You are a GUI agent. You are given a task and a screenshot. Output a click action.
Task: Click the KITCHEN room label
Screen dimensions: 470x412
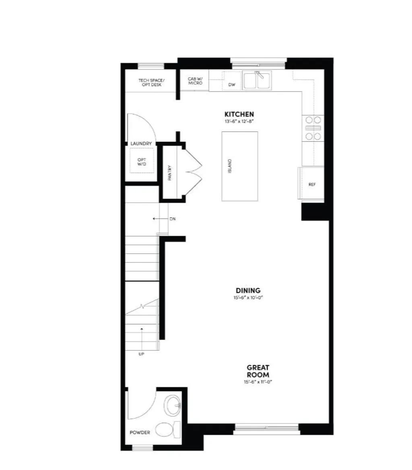click(x=239, y=114)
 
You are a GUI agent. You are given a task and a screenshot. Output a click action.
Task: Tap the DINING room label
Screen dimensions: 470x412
click(x=248, y=290)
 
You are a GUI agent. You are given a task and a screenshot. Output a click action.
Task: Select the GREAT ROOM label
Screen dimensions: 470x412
click(x=258, y=371)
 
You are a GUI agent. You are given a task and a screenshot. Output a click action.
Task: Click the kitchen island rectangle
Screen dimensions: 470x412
click(x=240, y=166)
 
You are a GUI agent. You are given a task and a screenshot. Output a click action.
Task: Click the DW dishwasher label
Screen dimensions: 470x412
click(x=231, y=85)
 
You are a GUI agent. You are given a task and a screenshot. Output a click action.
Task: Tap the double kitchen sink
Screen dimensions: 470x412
click(x=257, y=80)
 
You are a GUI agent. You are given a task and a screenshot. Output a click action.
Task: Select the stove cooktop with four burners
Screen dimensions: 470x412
click(x=313, y=128)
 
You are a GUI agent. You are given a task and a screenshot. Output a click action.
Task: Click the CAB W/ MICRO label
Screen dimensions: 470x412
click(x=195, y=81)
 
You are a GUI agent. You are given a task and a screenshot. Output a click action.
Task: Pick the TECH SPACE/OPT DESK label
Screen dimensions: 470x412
click(x=151, y=82)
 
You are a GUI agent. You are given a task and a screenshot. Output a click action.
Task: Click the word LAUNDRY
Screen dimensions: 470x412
click(x=141, y=144)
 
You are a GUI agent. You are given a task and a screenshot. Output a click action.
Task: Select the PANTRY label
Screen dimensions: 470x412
click(x=170, y=173)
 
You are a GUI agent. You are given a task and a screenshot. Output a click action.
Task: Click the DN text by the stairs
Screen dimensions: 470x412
click(x=173, y=219)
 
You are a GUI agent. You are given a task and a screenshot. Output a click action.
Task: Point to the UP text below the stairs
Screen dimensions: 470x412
click(x=141, y=354)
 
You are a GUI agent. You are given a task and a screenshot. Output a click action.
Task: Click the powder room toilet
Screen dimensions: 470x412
click(x=166, y=430)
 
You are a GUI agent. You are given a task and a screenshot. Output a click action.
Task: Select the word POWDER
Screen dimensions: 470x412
click(x=140, y=433)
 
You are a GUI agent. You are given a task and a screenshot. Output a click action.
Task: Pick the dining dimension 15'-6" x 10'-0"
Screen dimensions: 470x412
click(x=248, y=298)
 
